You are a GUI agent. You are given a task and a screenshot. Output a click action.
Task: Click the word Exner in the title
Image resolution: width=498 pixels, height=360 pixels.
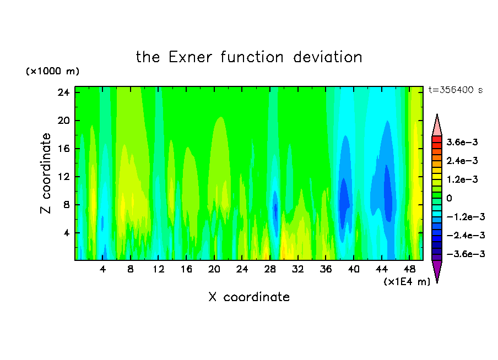pos(190,57)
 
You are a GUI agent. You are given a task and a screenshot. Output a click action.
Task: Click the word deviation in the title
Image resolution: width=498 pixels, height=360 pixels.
pos(327,57)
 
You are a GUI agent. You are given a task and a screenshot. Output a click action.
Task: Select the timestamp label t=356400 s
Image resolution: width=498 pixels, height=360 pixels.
pos(456,90)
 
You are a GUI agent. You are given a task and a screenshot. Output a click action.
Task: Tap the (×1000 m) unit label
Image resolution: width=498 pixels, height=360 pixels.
pos(52,71)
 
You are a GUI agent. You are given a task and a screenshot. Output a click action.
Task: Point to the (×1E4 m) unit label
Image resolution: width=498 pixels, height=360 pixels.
pos(407,281)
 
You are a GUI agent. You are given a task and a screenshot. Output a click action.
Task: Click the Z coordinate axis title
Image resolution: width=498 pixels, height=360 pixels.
pos(45,173)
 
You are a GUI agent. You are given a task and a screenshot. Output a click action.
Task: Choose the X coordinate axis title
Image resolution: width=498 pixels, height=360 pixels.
pos(249,297)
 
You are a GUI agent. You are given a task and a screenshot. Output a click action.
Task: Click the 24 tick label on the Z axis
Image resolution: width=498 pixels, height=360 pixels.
pos(63,92)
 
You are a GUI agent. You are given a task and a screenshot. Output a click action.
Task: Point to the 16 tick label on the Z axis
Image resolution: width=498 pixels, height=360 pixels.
pos(63,149)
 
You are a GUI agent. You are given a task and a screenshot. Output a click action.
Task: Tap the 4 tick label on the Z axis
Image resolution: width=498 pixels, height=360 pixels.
pos(66,233)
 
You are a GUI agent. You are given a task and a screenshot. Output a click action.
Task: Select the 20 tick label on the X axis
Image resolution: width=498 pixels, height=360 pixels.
pos(214,269)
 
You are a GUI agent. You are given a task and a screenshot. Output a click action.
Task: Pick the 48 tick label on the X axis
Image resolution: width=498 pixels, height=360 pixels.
pos(409,269)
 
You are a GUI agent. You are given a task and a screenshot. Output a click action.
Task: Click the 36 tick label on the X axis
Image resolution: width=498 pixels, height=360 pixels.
pos(326,269)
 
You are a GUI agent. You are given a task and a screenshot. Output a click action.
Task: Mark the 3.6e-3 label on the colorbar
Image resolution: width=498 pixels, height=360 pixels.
pos(462,142)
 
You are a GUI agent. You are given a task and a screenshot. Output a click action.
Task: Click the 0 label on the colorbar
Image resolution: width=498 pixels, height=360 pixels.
pos(449,198)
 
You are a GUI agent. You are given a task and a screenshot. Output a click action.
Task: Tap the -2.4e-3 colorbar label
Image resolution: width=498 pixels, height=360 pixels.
pos(465,235)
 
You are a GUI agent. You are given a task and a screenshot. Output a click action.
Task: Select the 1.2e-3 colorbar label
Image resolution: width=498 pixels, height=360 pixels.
pos(462,179)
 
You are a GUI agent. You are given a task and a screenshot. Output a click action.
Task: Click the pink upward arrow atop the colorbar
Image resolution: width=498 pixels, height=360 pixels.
pos(437,125)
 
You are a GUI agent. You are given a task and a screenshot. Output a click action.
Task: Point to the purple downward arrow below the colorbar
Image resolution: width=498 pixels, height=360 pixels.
pos(437,271)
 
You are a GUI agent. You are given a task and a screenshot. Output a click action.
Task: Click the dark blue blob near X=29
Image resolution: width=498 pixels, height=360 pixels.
pos(275,211)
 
